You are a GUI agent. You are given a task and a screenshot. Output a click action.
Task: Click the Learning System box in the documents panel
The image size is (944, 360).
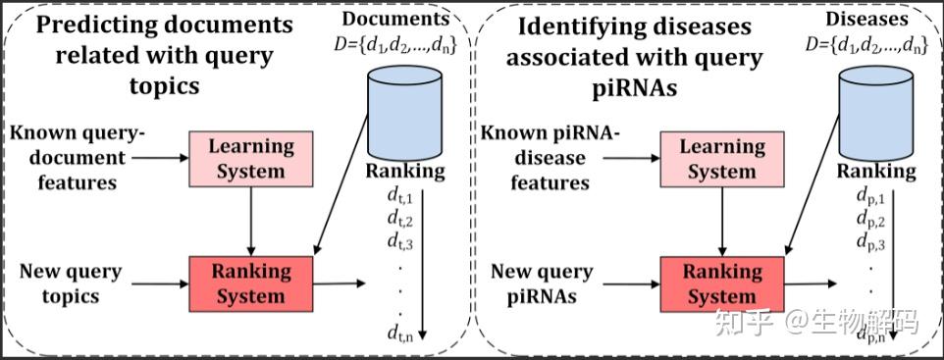(251, 158)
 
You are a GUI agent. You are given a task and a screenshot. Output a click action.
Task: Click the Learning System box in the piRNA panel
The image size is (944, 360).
(722, 158)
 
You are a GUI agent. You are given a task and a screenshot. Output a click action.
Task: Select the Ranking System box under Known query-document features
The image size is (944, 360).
(251, 283)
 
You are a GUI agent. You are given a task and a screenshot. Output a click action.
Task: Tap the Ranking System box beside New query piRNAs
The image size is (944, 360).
(722, 283)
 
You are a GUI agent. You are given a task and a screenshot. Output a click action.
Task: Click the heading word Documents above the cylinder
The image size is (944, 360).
(396, 19)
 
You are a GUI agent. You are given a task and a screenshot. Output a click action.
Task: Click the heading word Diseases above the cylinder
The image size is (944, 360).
(866, 19)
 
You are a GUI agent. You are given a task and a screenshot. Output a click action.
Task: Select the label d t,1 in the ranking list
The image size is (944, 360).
(399, 197)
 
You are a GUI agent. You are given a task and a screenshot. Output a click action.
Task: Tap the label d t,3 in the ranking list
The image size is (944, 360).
(399, 242)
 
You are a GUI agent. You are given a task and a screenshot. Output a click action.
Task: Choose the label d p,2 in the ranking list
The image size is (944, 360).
(871, 221)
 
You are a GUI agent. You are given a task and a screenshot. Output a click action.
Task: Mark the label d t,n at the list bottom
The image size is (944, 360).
(399, 333)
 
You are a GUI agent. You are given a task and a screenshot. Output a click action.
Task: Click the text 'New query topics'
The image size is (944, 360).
(71, 283)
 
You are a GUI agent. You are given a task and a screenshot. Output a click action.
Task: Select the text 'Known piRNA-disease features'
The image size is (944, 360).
(549, 158)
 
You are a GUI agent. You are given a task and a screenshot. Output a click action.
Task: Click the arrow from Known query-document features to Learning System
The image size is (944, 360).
(160, 158)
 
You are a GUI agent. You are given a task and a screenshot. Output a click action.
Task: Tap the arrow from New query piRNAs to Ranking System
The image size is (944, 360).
(632, 283)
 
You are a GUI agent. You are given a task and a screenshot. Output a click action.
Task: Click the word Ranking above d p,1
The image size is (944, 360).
(876, 172)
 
